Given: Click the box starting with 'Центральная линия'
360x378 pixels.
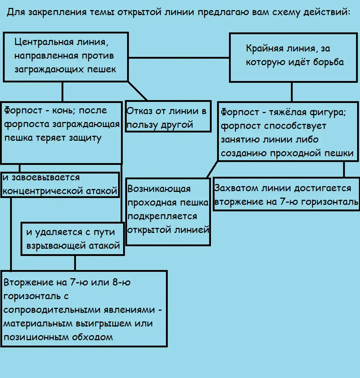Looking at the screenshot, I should pos(66,57).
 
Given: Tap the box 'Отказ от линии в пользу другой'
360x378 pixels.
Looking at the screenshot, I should pos(168,116).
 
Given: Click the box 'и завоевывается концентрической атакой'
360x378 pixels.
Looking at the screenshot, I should pos(60,184).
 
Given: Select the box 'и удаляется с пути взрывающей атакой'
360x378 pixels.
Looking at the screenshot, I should pos(73,239).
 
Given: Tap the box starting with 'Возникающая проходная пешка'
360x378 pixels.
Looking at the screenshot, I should pos(168,211).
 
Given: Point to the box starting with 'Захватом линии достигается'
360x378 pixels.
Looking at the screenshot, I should pos(286,194).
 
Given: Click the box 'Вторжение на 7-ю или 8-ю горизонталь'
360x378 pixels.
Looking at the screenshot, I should pos(84,309).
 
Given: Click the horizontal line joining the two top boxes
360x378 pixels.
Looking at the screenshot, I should pos(179,58).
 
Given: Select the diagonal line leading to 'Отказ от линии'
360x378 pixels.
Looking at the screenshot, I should pos(138,91).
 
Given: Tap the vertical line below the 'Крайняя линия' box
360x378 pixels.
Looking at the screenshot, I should pos(292,92).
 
